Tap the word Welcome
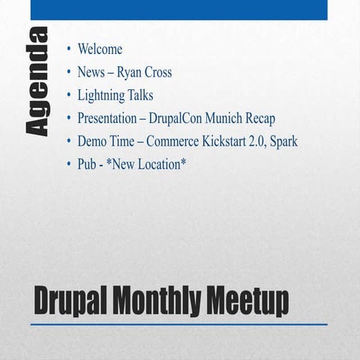click(100, 49)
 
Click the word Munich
click(237, 118)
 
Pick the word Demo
click(91, 141)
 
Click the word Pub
click(86, 163)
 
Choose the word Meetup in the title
click(247, 302)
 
